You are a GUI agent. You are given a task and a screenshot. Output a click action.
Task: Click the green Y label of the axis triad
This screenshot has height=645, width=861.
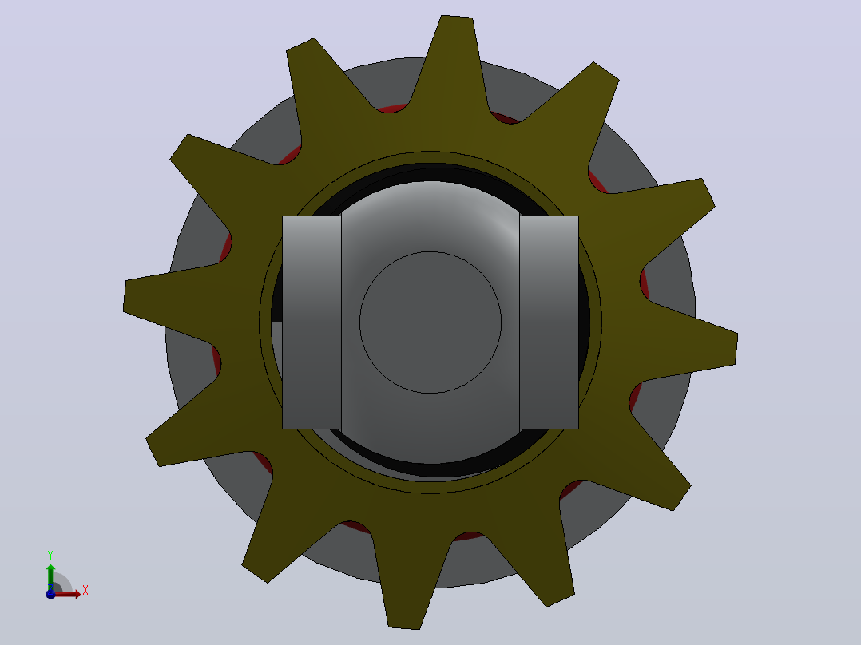tap(50, 555)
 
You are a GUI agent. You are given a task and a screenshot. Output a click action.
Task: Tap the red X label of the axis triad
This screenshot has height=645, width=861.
tap(85, 590)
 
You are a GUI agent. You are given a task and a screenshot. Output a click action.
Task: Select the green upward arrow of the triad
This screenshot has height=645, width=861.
tap(50, 576)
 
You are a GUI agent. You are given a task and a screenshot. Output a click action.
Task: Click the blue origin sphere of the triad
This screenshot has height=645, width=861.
tap(50, 594)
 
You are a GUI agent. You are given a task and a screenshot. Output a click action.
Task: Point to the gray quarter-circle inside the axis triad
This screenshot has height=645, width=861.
tap(62, 582)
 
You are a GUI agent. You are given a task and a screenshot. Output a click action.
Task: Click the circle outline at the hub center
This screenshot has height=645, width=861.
tap(430, 322)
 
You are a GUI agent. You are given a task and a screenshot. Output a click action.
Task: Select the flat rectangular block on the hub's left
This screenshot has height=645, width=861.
tap(311, 322)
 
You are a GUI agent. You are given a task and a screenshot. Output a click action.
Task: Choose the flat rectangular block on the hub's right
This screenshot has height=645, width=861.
tap(549, 322)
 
